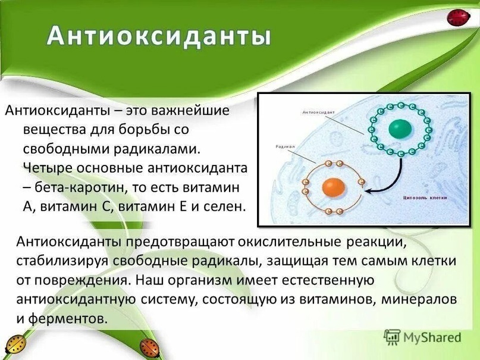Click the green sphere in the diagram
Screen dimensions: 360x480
[400, 129]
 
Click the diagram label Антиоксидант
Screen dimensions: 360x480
[319, 112]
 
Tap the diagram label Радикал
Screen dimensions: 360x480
[286, 146]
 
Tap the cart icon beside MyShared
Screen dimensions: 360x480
[392, 337]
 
